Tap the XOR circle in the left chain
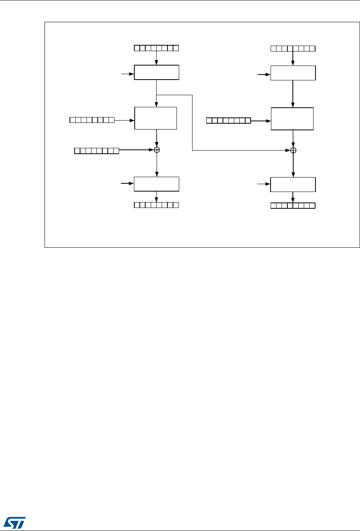click(157, 150)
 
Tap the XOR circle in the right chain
click(293, 150)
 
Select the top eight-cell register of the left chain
click(156, 48)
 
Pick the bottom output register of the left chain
click(156, 204)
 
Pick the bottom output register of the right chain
click(293, 205)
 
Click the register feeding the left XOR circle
click(96, 151)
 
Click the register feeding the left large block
click(92, 120)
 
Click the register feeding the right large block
click(228, 120)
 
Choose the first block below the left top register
click(156, 73)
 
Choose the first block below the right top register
click(293, 73)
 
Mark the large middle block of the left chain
click(155, 117)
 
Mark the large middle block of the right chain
click(292, 119)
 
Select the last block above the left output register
click(156, 184)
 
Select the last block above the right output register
click(293, 184)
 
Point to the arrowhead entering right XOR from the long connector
click(288, 150)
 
